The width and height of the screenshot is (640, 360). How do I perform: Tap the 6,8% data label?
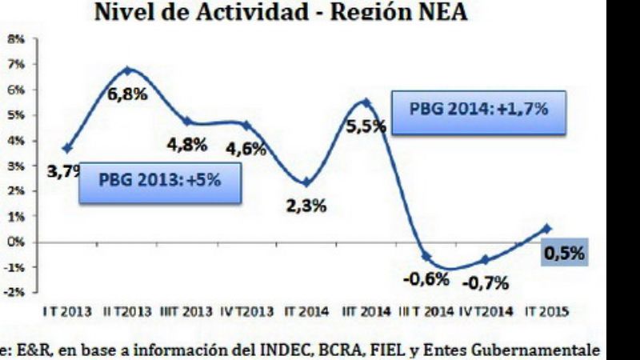click(128, 94)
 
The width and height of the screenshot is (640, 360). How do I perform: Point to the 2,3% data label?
click(306, 206)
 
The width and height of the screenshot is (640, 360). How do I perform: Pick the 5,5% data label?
click(366, 126)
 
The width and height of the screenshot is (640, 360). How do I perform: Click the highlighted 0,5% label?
click(564, 254)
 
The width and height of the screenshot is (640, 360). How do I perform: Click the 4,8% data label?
click(187, 146)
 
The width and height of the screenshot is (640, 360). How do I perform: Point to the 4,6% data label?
click(246, 149)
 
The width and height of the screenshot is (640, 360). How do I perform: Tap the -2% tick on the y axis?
click(16, 292)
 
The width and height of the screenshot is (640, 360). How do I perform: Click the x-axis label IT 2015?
click(546, 312)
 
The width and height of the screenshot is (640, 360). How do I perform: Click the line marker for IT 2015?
click(546, 228)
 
